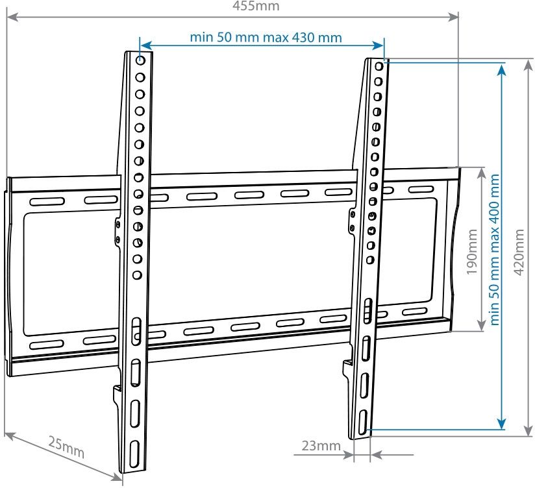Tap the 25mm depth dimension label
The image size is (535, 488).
tap(66, 447)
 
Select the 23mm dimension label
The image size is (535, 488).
tap(321, 446)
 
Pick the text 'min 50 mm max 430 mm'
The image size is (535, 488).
tap(266, 37)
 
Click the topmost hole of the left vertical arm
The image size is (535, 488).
tap(140, 60)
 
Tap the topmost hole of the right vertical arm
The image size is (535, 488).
tap(380, 66)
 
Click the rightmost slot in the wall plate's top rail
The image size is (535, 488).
tap(420, 189)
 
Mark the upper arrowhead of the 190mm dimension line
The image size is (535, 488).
tap(481, 172)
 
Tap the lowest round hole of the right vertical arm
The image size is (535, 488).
tap(369, 260)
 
